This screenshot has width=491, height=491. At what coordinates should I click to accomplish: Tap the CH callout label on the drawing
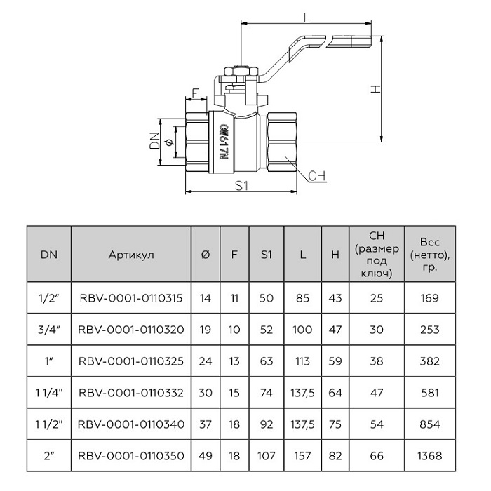pos(318,175)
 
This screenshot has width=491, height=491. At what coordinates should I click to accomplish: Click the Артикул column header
pos(131,255)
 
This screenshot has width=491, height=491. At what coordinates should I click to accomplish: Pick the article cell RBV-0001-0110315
pos(131,299)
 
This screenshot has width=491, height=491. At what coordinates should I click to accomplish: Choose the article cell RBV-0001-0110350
pos(131,456)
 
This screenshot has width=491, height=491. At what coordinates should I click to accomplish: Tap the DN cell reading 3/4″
pos(49,330)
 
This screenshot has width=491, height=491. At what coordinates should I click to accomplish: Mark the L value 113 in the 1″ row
pos(303,361)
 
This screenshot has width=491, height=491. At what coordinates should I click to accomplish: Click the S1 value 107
pos(266,456)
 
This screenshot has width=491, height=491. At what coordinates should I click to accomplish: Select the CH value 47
pos(377,393)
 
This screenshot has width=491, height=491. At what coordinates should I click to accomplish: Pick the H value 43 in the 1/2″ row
pos(335,299)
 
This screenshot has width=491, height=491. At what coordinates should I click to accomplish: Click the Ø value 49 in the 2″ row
pos(206,456)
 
